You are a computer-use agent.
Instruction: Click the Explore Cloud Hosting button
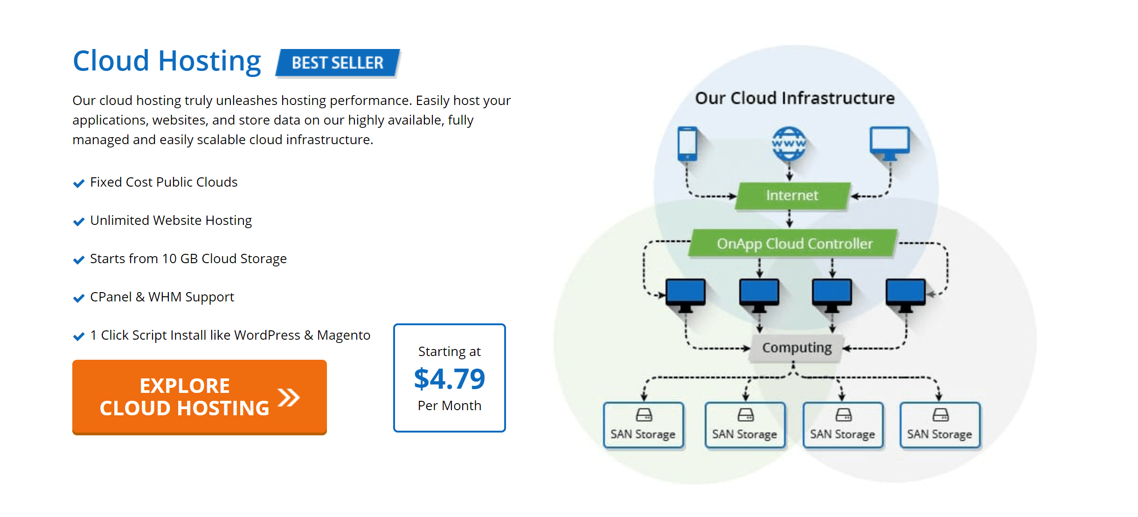point(200,397)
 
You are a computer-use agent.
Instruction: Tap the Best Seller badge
point(338,63)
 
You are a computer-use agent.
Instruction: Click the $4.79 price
point(450,378)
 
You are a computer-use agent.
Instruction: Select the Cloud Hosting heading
point(167,61)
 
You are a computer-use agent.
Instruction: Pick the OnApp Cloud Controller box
point(794,243)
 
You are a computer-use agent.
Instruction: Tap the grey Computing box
point(797,348)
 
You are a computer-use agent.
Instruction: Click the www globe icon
point(789,143)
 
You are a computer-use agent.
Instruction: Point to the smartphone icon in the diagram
point(687,144)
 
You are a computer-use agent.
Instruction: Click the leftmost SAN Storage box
point(644,425)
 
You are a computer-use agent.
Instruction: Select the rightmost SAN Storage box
point(940,425)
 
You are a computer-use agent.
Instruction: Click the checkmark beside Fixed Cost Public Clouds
point(79,183)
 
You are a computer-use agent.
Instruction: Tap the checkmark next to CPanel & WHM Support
point(79,298)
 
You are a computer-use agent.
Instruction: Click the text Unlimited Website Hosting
point(171,220)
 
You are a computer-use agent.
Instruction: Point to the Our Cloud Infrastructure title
point(795,98)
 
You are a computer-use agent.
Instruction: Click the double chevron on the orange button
point(289,398)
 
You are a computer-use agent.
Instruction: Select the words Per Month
point(450,405)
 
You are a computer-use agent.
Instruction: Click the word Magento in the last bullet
point(344,335)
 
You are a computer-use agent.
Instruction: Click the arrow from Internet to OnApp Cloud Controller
point(790,218)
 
